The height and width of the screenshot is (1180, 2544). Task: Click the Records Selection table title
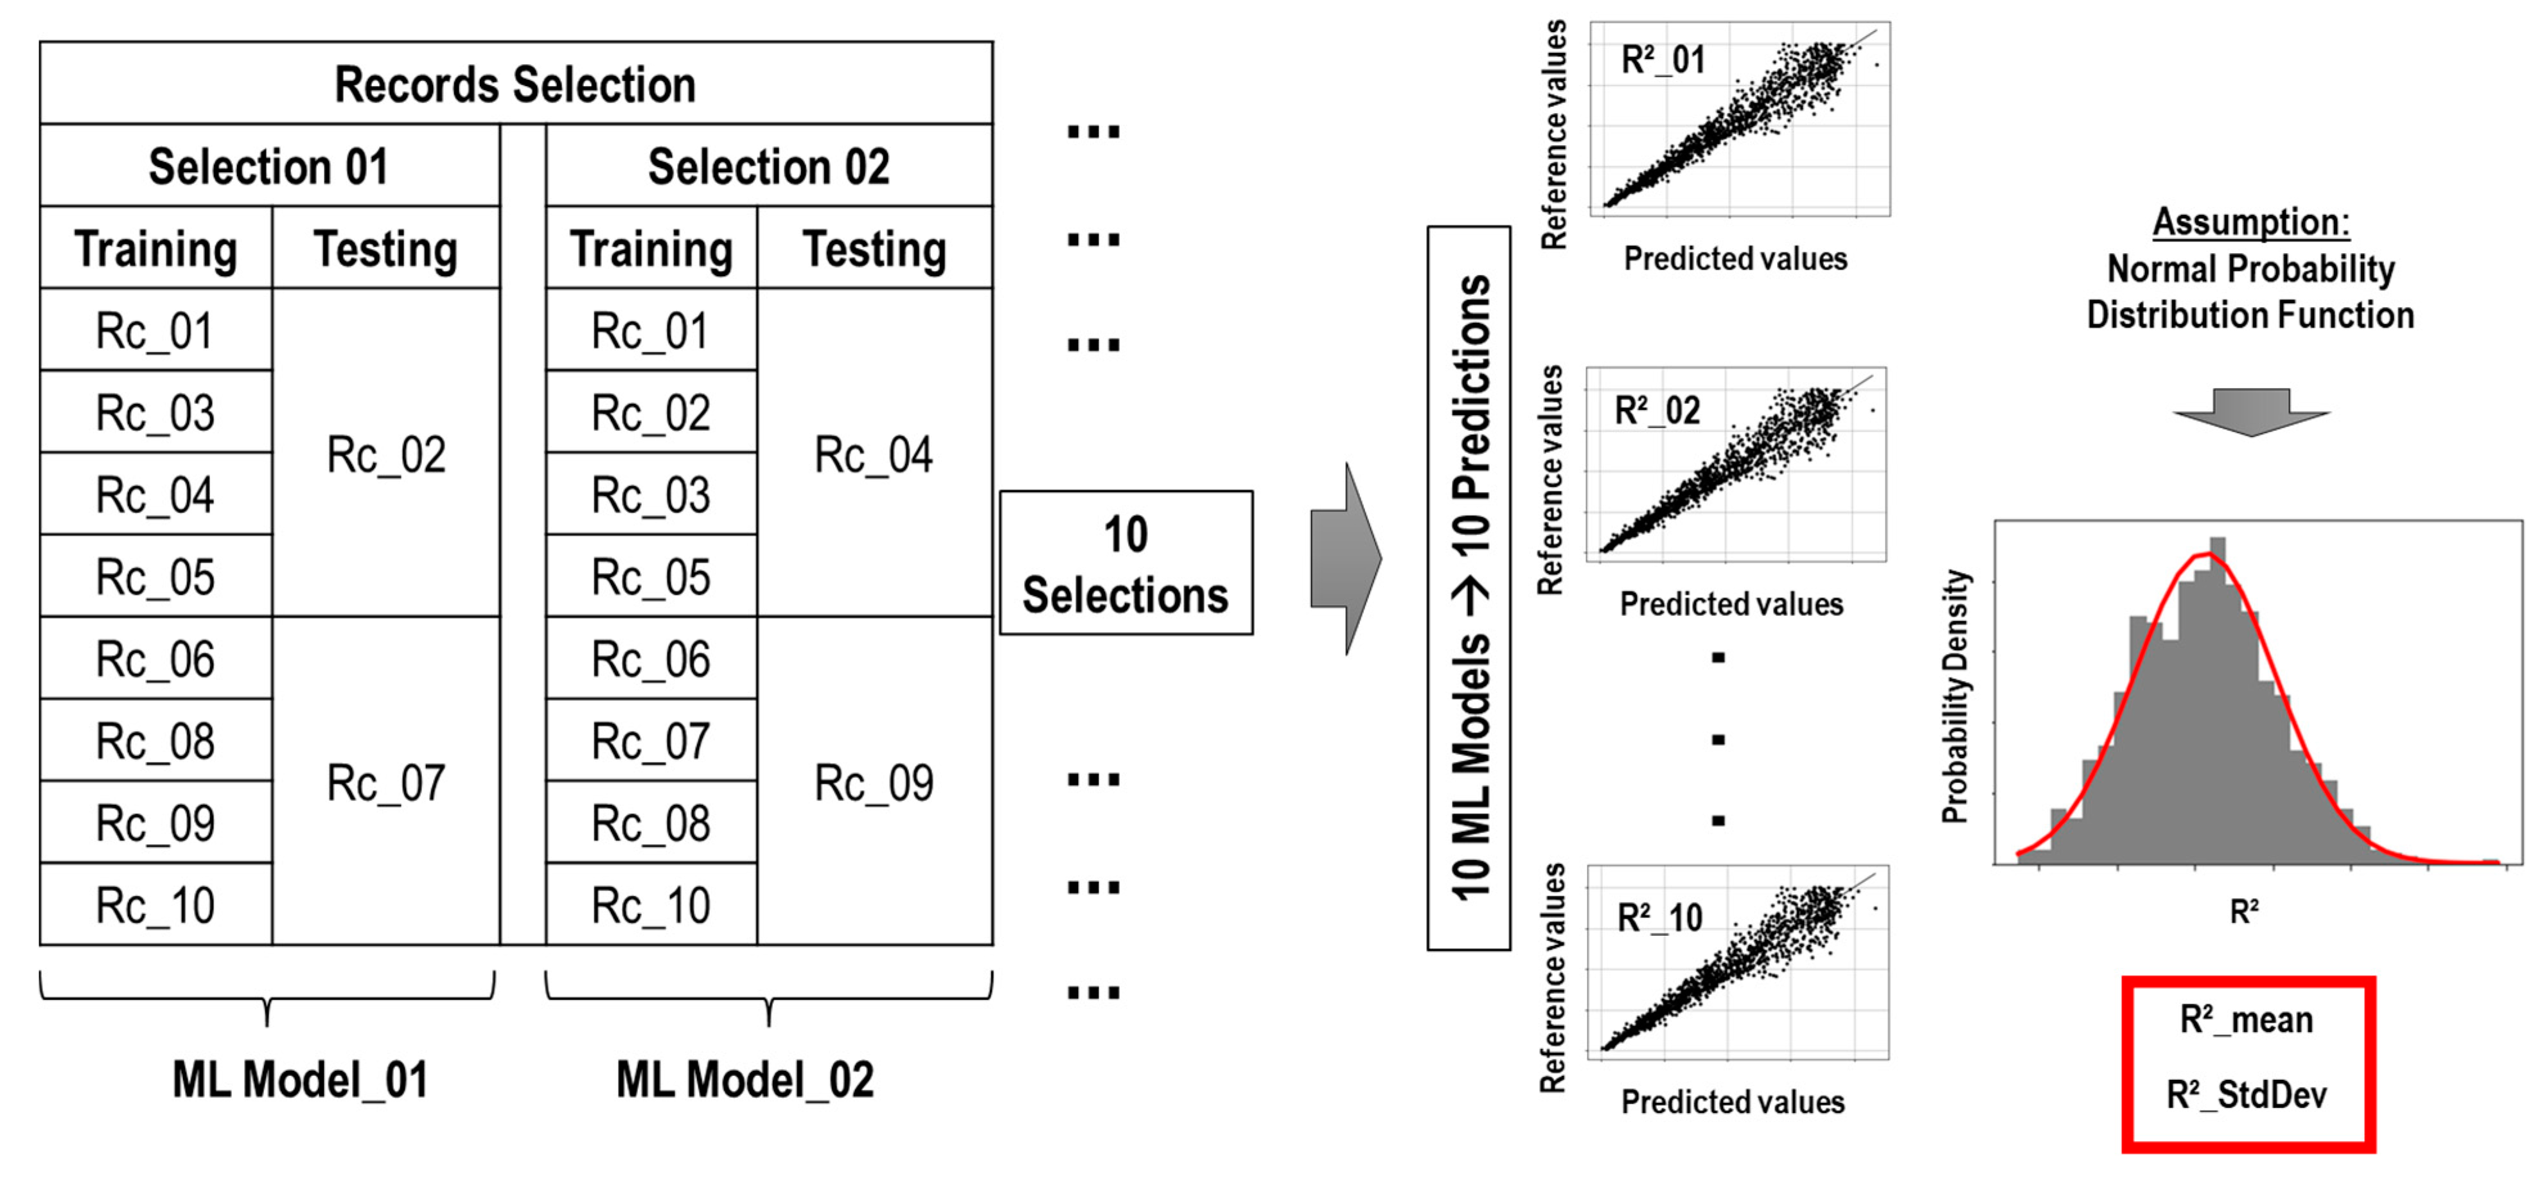tap(515, 84)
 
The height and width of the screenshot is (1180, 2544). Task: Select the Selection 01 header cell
tap(269, 166)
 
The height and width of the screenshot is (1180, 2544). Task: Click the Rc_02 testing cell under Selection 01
tap(386, 454)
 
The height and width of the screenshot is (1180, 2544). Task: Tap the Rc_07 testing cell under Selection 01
tap(386, 782)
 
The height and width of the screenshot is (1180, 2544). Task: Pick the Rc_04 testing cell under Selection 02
tap(873, 454)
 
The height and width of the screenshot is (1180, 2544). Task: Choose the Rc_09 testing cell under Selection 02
tap(873, 782)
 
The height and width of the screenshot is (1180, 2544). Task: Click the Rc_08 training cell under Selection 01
tap(155, 741)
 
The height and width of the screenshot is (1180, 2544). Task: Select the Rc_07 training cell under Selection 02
tap(651, 741)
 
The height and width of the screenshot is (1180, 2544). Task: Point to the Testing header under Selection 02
tap(874, 248)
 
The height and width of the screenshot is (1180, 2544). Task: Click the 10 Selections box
tap(1125, 563)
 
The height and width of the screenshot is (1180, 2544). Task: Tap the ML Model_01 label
tap(300, 1079)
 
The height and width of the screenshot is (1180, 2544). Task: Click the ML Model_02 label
tap(745, 1079)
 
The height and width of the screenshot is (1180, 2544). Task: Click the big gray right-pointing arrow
tap(1345, 559)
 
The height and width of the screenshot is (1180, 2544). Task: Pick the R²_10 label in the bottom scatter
tap(1659, 917)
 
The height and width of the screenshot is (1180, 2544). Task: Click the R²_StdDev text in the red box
tap(2247, 1094)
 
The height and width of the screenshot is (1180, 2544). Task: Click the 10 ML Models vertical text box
tap(1469, 588)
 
